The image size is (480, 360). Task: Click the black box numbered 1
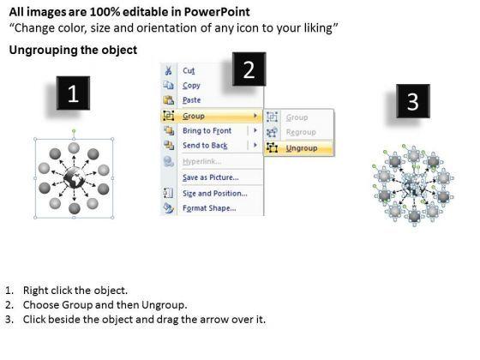(x=73, y=93)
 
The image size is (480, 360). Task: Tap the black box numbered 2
(x=249, y=69)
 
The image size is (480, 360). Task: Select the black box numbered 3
(x=413, y=101)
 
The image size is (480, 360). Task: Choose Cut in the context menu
(x=189, y=70)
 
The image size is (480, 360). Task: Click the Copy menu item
(x=191, y=86)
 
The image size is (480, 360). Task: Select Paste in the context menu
(x=192, y=100)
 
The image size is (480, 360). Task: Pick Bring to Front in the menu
(x=207, y=130)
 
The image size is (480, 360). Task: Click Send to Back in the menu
(x=205, y=146)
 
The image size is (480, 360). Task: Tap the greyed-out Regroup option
(x=301, y=132)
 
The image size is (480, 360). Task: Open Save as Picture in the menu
(x=211, y=177)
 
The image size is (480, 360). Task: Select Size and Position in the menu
(x=215, y=194)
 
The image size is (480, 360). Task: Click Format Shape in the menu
(x=209, y=208)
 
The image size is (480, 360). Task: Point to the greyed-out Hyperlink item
(x=201, y=161)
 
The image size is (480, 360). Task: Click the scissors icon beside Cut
(x=168, y=70)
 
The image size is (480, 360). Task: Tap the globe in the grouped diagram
(x=74, y=178)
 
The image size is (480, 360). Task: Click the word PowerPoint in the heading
(x=217, y=12)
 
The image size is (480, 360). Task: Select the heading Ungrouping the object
(x=73, y=50)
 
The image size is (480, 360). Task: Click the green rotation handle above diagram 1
(x=74, y=131)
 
